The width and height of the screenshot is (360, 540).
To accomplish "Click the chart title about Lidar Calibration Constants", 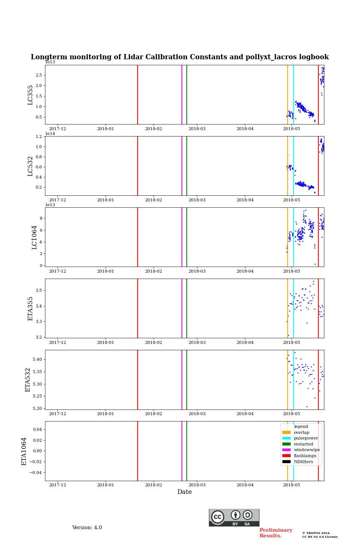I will (180, 57).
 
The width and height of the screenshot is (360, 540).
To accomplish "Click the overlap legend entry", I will (301, 432).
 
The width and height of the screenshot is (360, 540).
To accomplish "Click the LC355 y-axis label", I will (30, 95).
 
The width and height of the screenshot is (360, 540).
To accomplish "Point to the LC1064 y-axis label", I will (34, 237).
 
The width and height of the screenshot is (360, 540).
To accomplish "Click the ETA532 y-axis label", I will (28, 379).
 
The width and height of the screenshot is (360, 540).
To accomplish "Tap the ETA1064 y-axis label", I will (24, 451).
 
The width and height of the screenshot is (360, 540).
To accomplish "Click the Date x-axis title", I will (184, 492).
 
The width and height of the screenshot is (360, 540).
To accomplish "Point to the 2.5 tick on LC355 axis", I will (39, 75).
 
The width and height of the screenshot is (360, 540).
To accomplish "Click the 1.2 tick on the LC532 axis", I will (39, 136).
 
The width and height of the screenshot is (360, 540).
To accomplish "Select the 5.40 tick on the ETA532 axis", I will (37, 359).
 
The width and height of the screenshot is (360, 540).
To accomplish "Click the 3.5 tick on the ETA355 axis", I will (39, 290).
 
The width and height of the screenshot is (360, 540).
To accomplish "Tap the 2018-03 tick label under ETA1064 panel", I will (197, 485).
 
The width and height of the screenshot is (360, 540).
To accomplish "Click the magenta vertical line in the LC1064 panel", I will (182, 237).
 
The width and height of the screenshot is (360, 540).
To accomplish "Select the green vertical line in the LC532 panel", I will (187, 166).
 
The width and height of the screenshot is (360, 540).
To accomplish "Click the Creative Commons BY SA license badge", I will (234, 517).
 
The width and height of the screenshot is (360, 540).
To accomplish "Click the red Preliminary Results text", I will (276, 533).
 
